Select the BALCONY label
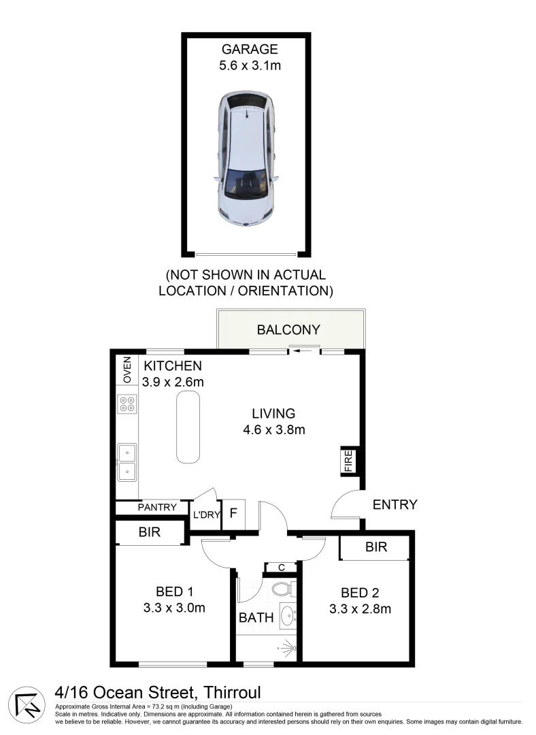[x=288, y=330]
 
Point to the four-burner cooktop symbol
[x=127, y=404]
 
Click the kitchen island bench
[x=189, y=426]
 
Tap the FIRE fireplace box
[x=348, y=461]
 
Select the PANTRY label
[x=157, y=508]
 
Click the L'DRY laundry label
[x=207, y=515]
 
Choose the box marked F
[x=233, y=514]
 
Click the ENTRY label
[x=395, y=505]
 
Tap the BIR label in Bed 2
[x=375, y=546]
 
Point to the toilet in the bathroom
[x=281, y=589]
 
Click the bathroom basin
[x=288, y=617]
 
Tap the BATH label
[x=256, y=618]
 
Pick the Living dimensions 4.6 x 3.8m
[x=273, y=429]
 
